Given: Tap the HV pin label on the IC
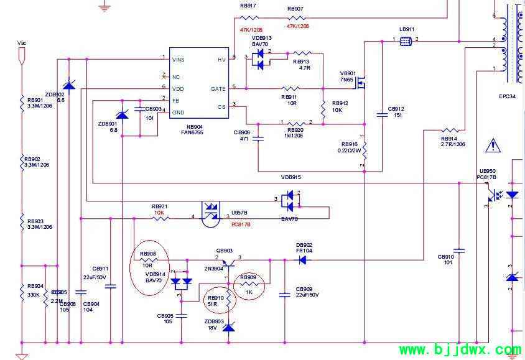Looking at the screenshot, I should (221, 60).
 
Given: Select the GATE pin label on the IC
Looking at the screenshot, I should (218, 89).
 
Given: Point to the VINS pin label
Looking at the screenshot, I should (179, 60).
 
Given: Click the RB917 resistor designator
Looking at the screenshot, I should (248, 6).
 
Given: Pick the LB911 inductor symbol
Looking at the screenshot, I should (406, 41).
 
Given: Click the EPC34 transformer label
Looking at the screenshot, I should (507, 96).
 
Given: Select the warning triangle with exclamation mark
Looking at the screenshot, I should (494, 145).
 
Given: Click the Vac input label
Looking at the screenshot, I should (22, 43).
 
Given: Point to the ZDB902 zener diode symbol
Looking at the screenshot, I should (69, 85).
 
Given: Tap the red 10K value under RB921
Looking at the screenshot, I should (159, 213).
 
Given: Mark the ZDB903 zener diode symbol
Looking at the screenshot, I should (229, 327).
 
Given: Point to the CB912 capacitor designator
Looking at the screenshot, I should (396, 108).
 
